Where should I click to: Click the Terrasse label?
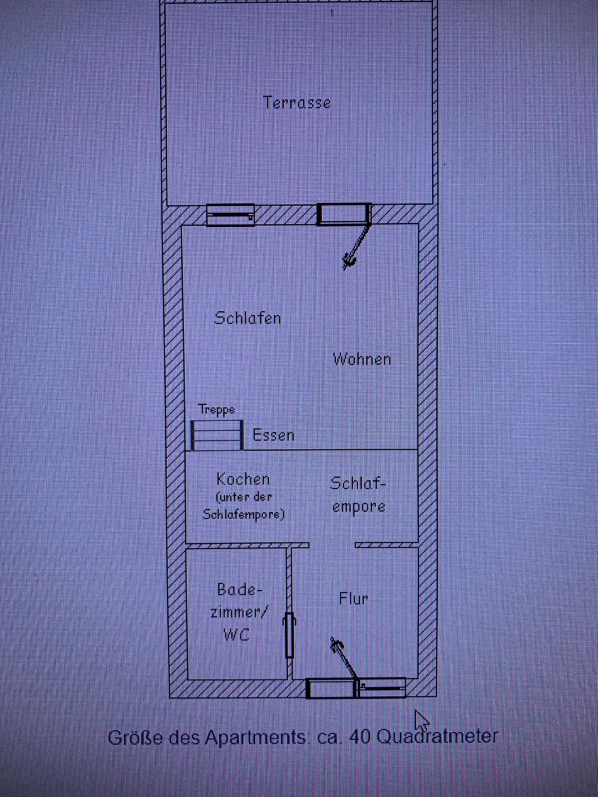[297, 103]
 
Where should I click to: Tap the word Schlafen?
[248, 318]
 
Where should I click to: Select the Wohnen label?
[362, 359]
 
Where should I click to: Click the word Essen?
[273, 435]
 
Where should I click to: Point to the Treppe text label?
[216, 409]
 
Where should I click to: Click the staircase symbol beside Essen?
[217, 435]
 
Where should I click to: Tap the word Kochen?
[243, 479]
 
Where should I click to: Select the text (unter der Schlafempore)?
[243, 506]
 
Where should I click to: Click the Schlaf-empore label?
[358, 494]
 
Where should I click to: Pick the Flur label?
[353, 599]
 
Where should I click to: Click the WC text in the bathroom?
[236, 634]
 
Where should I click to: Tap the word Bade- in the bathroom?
[240, 589]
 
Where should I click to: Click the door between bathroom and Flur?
[289, 635]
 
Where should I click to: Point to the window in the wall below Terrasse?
[230, 215]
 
